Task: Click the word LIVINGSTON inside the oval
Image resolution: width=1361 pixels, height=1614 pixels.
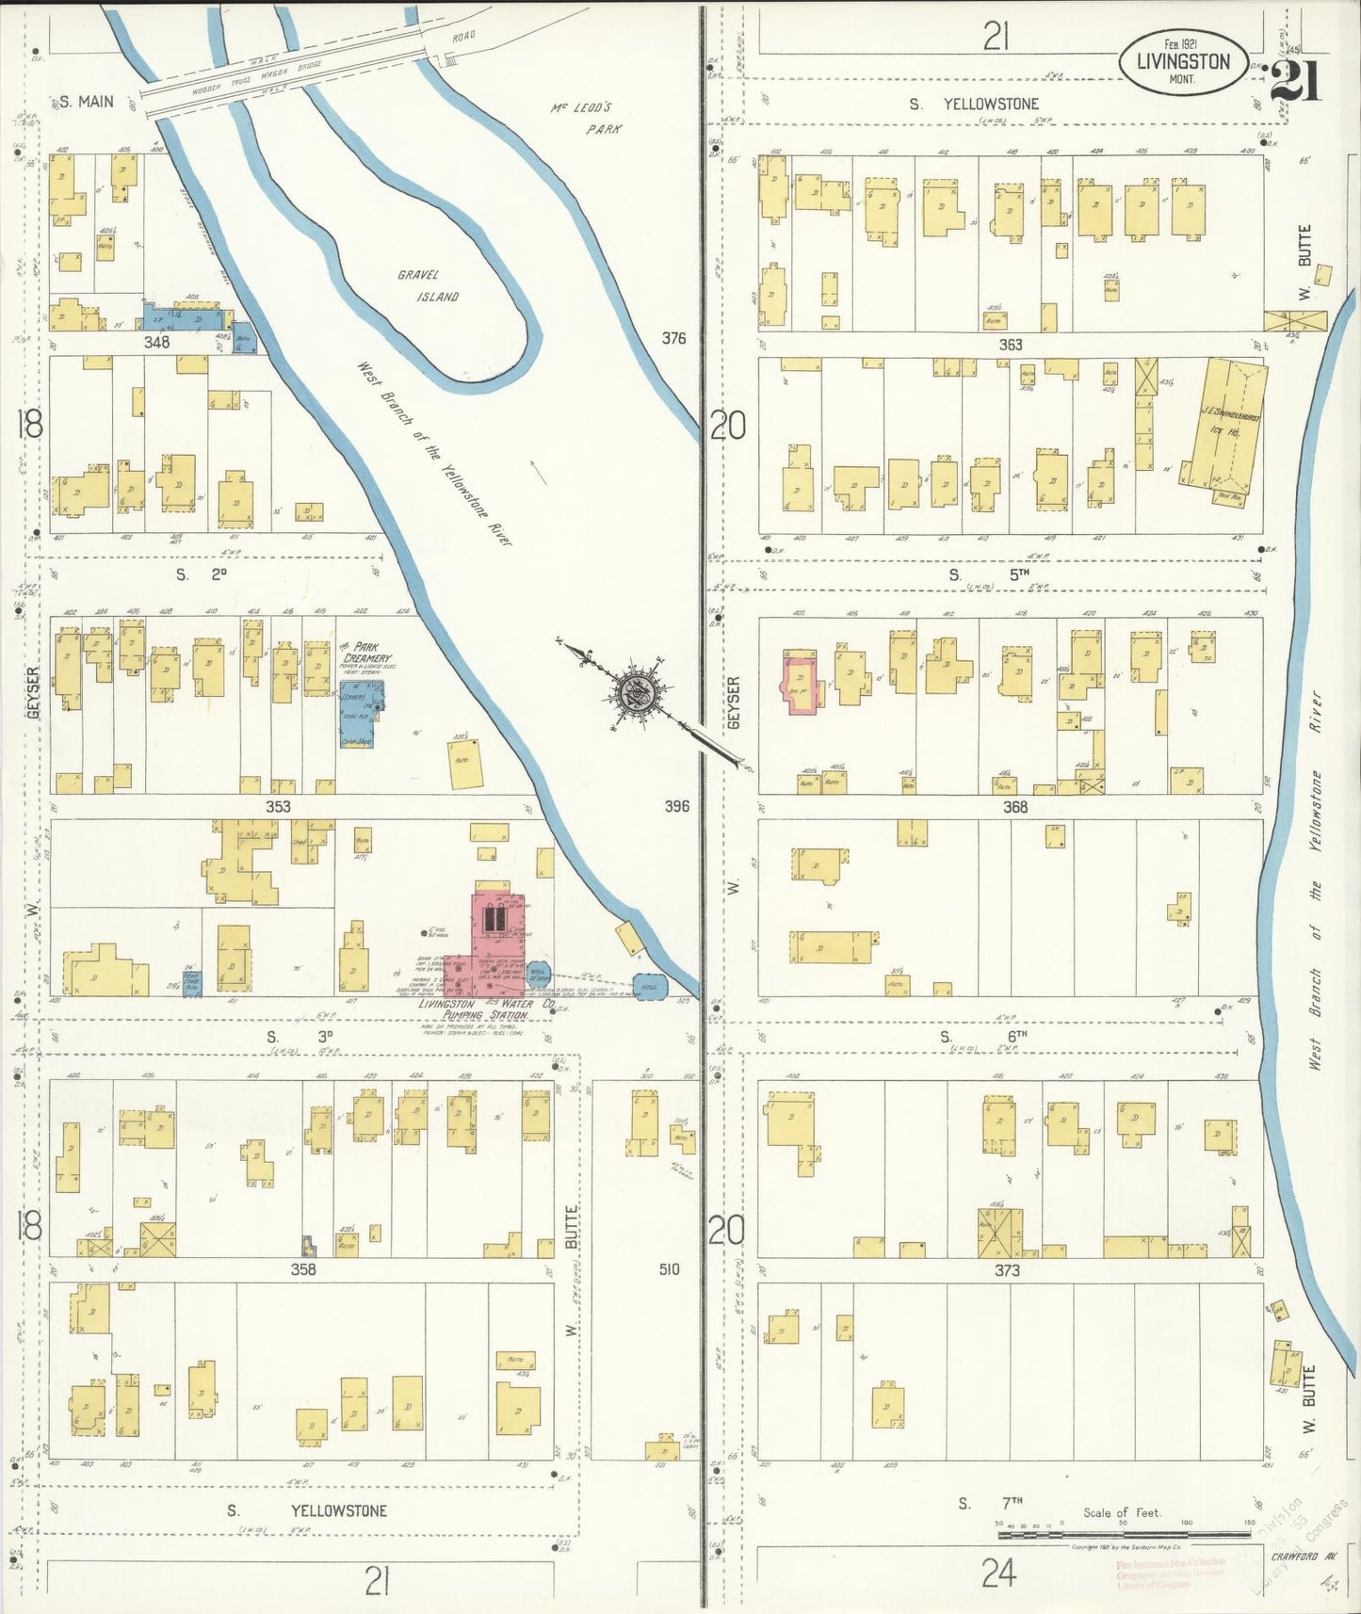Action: tap(1183, 62)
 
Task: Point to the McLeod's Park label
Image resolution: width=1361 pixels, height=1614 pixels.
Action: tap(588, 118)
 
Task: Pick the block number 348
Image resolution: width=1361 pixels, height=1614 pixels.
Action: tap(156, 342)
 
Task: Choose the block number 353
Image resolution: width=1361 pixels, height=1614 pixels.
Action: tap(278, 806)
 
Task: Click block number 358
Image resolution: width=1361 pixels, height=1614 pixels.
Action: tap(302, 1269)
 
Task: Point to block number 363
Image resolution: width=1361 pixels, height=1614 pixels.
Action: tap(1011, 345)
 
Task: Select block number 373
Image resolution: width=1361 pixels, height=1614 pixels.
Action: tap(1007, 1270)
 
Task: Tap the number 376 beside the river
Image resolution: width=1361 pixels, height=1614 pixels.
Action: tap(673, 338)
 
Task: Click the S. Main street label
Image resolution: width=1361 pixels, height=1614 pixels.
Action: tap(87, 102)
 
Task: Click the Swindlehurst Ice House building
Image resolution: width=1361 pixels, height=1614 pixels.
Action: tap(1223, 428)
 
